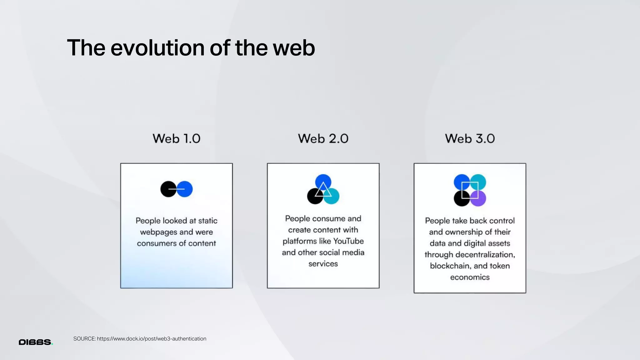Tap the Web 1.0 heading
point(176,138)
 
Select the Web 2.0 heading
point(323,138)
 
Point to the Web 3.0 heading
point(470,138)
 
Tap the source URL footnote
point(140,339)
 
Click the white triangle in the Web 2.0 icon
point(323,190)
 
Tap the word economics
point(470,277)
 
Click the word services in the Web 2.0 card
point(323,264)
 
